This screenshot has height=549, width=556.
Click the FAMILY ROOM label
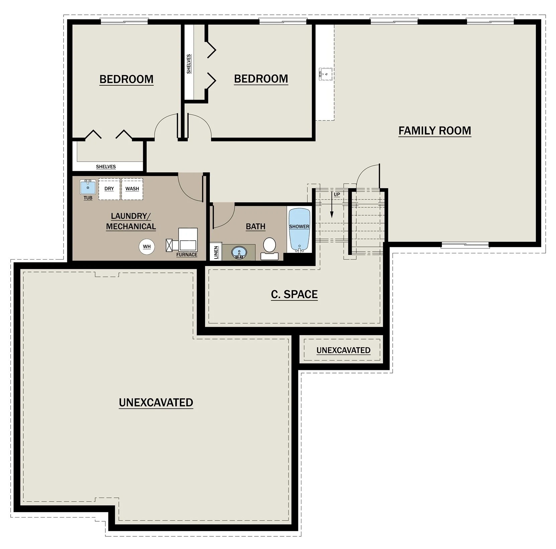[435, 130]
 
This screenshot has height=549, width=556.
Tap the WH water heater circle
[147, 247]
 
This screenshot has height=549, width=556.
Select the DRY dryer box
[109, 189]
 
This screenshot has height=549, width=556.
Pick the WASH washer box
[132, 189]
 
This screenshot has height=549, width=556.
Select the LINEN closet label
[216, 252]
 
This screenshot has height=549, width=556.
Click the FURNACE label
[187, 255]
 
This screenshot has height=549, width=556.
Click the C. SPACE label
[294, 294]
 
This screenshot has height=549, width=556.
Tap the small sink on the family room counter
[325, 74]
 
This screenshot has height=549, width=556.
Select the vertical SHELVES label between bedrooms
[189, 64]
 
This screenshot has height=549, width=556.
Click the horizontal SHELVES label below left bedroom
[106, 167]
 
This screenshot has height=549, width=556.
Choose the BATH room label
[256, 226]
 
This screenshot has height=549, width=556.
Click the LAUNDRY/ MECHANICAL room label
[131, 221]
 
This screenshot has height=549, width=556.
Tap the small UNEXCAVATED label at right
[343, 350]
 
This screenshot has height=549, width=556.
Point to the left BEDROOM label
[126, 79]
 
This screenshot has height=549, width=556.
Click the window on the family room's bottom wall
[465, 245]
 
